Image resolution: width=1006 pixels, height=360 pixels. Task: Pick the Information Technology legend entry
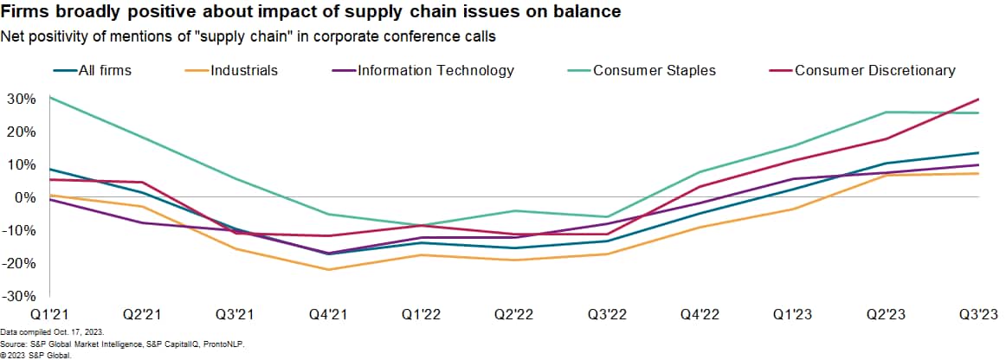(435, 70)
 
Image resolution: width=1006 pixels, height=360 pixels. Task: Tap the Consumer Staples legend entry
(654, 70)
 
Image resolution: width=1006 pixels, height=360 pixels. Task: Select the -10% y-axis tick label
(22, 231)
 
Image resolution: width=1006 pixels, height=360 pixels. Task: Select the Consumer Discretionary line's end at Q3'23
(979, 99)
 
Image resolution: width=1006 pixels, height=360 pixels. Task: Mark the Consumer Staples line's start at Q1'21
(50, 97)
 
